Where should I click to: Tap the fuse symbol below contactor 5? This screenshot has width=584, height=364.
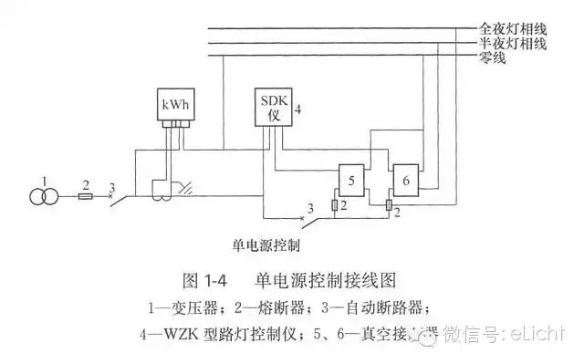[x=337, y=207]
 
